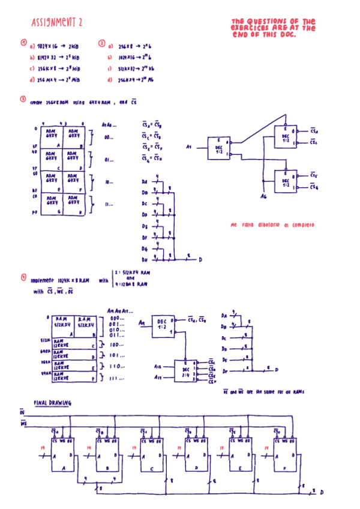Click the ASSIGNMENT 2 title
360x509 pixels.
57,23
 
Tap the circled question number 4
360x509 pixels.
23,277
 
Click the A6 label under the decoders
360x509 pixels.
263,196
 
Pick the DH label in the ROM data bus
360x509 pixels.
145,260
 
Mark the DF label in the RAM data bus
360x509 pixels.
224,372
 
